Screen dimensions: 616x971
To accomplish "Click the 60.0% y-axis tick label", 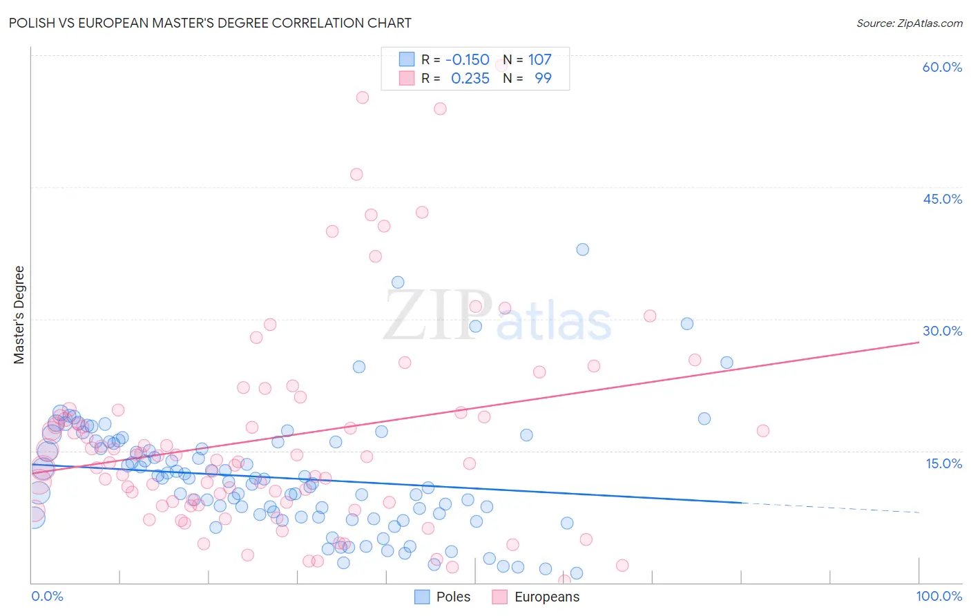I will point(942,67).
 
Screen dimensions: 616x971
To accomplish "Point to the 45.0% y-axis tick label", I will point(942,199).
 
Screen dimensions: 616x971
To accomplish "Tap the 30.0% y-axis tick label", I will point(942,331).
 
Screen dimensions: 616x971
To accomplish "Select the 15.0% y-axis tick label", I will point(943,463).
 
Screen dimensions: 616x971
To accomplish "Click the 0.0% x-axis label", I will point(47,597).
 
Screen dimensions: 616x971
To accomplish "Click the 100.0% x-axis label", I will point(939,597).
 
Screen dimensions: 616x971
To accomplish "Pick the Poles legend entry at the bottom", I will point(443,597).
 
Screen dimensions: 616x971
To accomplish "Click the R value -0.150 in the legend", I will point(468,60).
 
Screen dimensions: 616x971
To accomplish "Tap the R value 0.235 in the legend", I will point(470,79).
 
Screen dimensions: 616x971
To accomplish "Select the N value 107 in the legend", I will point(539,60).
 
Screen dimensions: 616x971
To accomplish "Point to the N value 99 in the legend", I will point(543,79).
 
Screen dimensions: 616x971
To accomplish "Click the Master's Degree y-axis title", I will point(19,315).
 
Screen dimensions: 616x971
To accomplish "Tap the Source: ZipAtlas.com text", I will point(909,23).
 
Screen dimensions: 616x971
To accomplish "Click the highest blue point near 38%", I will point(583,249).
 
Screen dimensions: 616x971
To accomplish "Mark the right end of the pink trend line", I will point(919,342).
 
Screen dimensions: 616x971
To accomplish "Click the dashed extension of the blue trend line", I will point(829,508).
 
